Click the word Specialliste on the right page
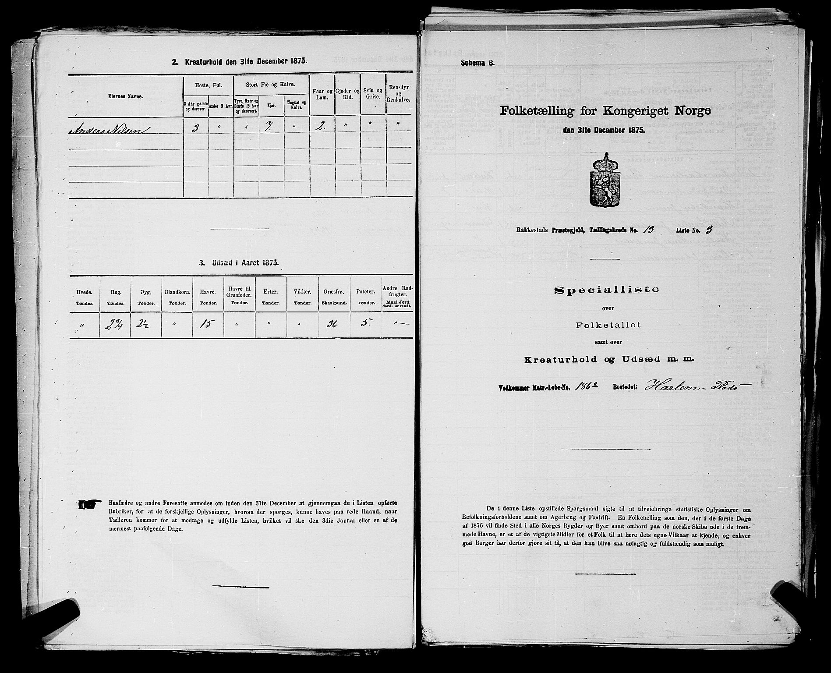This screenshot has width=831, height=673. (x=607, y=289)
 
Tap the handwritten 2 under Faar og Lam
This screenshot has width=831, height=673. (x=322, y=129)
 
